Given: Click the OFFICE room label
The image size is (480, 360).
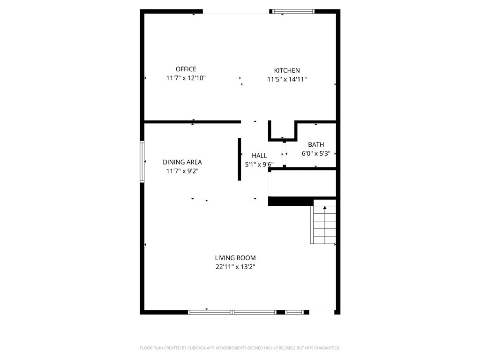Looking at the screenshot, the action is pos(186,69).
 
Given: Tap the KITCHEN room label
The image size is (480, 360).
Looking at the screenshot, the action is pos(287,70).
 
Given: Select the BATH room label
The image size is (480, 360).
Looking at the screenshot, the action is pos(316,144).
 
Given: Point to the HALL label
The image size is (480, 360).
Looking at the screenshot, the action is pos(259,156).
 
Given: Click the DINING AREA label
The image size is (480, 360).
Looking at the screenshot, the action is pos(182,162).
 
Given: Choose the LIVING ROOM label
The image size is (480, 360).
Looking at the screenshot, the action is pos(235,258).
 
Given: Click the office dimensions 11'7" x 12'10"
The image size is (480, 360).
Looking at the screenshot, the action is pos(186,78).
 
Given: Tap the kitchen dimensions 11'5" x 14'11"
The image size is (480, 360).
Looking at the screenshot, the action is pos(287,80).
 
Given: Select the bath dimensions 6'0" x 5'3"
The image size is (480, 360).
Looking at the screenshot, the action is pos(316,154).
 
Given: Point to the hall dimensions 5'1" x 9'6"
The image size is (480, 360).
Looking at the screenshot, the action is pos(259,165).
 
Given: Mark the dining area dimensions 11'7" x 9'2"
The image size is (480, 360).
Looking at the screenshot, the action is pos(182,171).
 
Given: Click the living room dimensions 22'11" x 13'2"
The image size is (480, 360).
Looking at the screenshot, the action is pos(235,267).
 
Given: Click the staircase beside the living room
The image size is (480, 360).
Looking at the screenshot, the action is pos(323,222).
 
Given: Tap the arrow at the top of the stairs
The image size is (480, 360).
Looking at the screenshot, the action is pos(325,208).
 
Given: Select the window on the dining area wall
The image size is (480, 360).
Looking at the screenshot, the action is pos(142,162).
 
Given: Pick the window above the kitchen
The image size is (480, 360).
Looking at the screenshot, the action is pos(293,12).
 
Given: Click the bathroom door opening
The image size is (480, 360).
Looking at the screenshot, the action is pos(285,154).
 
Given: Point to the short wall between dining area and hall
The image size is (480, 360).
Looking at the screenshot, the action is pos(240,159).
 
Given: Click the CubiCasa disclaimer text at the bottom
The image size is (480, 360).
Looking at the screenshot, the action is pos(240,348).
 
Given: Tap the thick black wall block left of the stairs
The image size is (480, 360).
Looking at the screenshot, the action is pos(291,202).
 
